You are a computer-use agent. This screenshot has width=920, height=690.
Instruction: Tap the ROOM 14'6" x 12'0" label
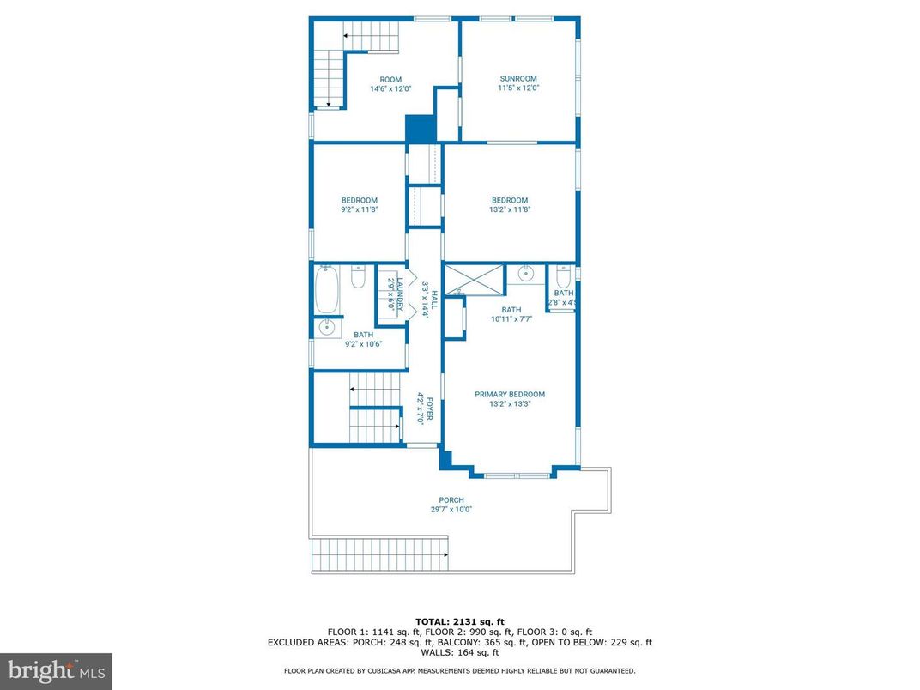pyautogui.click(x=390, y=83)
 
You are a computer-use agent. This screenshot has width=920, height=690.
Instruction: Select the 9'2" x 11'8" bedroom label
pyautogui.click(x=359, y=204)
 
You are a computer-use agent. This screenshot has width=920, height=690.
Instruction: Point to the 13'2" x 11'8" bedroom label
pyautogui.click(x=510, y=204)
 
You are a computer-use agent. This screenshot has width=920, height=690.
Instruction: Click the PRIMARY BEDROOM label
pyautogui.click(x=510, y=398)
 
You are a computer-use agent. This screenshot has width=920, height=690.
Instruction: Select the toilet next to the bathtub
pyautogui.click(x=359, y=276)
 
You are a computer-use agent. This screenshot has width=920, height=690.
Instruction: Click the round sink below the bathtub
pyautogui.click(x=326, y=327)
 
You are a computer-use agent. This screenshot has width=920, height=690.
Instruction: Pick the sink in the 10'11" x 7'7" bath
pyautogui.click(x=525, y=275)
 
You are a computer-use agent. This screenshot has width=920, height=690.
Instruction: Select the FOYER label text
pyautogui.click(x=421, y=409)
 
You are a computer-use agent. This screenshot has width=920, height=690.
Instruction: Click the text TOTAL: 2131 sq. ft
pyautogui.click(x=459, y=621)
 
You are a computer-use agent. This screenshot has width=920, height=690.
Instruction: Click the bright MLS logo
pyautogui.click(x=55, y=670)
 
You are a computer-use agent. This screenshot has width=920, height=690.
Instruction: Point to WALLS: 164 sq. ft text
pyautogui.click(x=459, y=652)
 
